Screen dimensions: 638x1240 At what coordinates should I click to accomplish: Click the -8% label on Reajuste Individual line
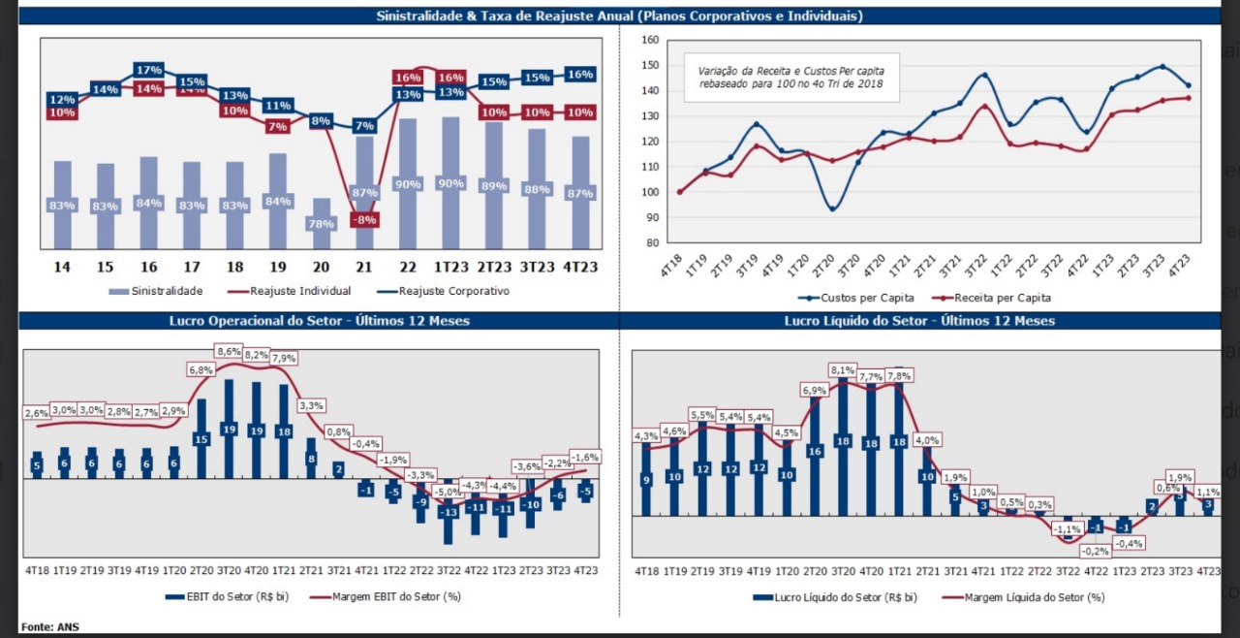click(x=363, y=220)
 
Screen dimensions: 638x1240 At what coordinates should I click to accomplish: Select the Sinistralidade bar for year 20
click(x=321, y=224)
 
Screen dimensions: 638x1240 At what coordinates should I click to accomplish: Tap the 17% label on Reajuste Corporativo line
click(x=149, y=70)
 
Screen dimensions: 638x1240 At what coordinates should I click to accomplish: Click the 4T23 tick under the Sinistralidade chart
click(x=580, y=267)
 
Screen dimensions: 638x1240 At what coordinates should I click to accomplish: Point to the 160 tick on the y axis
click(x=650, y=41)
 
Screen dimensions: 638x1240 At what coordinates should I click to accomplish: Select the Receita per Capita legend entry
click(x=995, y=298)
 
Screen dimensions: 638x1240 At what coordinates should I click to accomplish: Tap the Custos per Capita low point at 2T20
click(x=831, y=208)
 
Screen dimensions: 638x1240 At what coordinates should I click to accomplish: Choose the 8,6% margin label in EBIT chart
click(x=229, y=352)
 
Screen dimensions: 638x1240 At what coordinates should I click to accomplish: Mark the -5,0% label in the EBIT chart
click(x=448, y=492)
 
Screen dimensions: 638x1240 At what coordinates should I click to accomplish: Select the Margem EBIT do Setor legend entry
click(x=385, y=595)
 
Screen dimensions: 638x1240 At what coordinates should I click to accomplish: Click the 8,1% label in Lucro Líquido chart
click(x=843, y=370)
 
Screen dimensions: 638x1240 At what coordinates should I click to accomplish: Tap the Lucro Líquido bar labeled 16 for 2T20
click(x=815, y=451)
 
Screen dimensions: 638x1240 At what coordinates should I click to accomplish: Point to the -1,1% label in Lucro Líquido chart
click(x=1067, y=529)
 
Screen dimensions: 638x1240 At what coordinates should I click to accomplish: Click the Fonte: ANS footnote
click(x=49, y=626)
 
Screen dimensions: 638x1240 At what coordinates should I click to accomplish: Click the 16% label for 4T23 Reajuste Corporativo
click(x=580, y=75)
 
